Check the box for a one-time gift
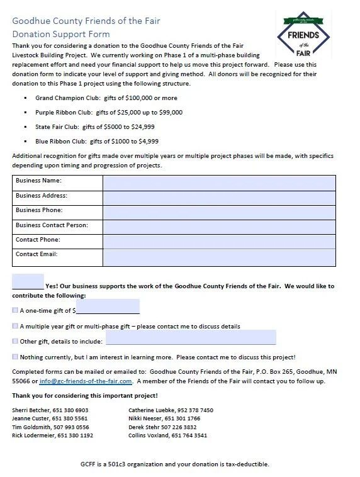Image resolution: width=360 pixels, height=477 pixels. point(15,310)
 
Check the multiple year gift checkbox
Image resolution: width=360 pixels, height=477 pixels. point(15,326)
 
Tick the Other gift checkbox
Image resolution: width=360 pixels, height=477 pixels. point(15,341)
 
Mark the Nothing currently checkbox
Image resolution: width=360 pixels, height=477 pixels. point(15,357)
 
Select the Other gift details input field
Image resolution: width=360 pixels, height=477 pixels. point(190,338)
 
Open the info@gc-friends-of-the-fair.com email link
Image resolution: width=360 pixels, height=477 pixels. point(86,381)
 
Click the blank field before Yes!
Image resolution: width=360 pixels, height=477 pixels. point(28,282)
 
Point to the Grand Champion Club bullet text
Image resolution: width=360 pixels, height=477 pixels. point(106,98)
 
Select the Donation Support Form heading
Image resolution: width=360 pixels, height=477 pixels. point(61,34)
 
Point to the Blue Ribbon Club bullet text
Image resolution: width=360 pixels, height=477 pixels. point(96,142)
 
